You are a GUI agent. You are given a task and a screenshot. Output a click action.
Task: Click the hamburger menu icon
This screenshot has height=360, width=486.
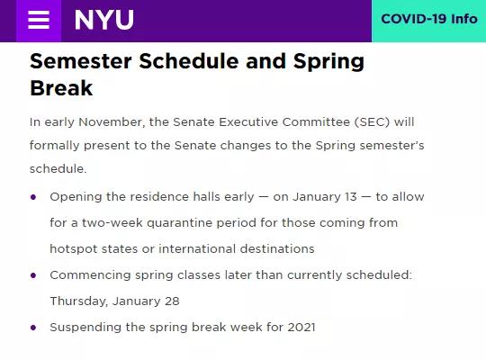[39, 20]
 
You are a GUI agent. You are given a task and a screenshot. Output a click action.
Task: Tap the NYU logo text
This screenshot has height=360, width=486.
[104, 20]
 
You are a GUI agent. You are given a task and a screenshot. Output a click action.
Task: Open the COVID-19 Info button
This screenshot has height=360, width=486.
[429, 19]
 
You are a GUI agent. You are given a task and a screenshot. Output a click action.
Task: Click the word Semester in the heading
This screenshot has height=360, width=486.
[81, 61]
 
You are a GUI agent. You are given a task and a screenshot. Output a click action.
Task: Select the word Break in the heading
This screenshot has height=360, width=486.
[61, 88]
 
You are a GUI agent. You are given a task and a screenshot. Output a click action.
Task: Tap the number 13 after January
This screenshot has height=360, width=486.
[351, 196]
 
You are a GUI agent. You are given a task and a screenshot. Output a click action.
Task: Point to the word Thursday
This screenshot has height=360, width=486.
[79, 301]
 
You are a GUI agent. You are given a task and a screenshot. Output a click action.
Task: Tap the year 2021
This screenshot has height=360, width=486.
[301, 327]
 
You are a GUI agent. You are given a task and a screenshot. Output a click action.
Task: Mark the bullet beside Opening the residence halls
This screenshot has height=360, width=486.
[33, 197]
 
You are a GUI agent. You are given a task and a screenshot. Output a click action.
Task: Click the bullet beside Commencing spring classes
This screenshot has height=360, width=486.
[33, 275]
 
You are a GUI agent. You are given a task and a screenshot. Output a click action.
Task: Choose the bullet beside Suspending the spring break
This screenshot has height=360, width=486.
[33, 328]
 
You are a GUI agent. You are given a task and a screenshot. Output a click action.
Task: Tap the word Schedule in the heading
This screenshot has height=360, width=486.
[189, 61]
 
